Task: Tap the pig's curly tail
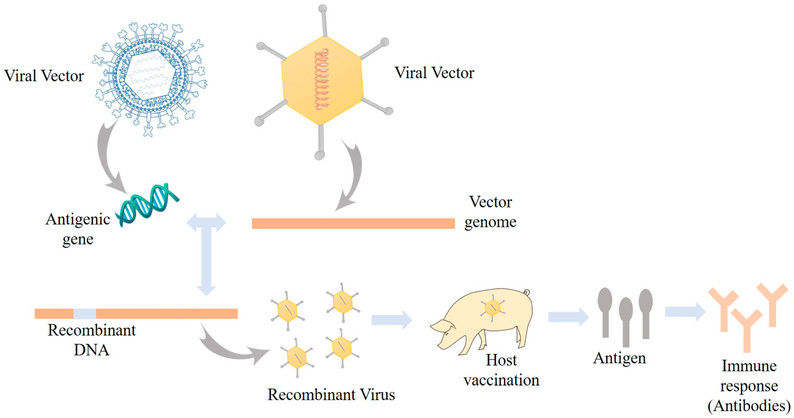coord(526,292)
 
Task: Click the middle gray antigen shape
coord(626,321)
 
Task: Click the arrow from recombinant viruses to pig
coord(391,320)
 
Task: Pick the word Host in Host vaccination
coord(501,360)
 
